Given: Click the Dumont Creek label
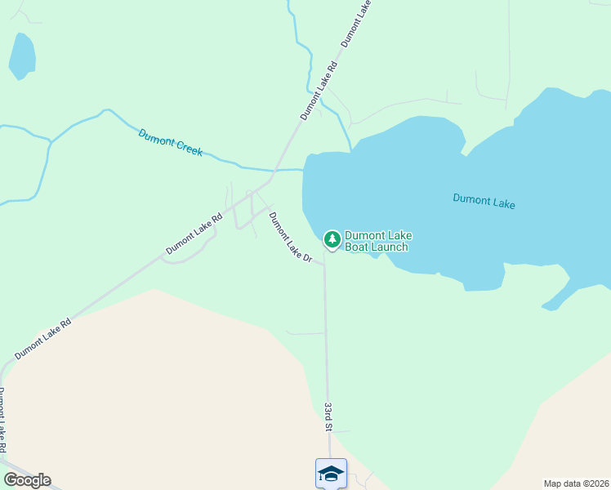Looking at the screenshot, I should tap(170, 143).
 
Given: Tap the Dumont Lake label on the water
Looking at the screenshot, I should tap(484, 201).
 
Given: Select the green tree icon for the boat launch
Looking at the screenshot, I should tap(332, 239).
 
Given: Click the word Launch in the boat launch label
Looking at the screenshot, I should tap(388, 247).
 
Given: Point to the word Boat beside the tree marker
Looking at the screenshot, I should tap(356, 247).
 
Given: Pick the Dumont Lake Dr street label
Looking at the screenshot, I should tap(290, 237).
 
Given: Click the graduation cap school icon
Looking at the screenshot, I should tap(331, 474).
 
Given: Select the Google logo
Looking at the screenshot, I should tap(27, 480).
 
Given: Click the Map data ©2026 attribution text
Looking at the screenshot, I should tap(576, 483).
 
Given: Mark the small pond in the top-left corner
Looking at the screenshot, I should tap(22, 56).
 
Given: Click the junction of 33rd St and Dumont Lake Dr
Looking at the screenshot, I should tap(324, 264).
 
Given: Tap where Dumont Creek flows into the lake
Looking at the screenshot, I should tap(304, 170).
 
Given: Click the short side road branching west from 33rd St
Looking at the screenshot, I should tap(306, 333).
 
